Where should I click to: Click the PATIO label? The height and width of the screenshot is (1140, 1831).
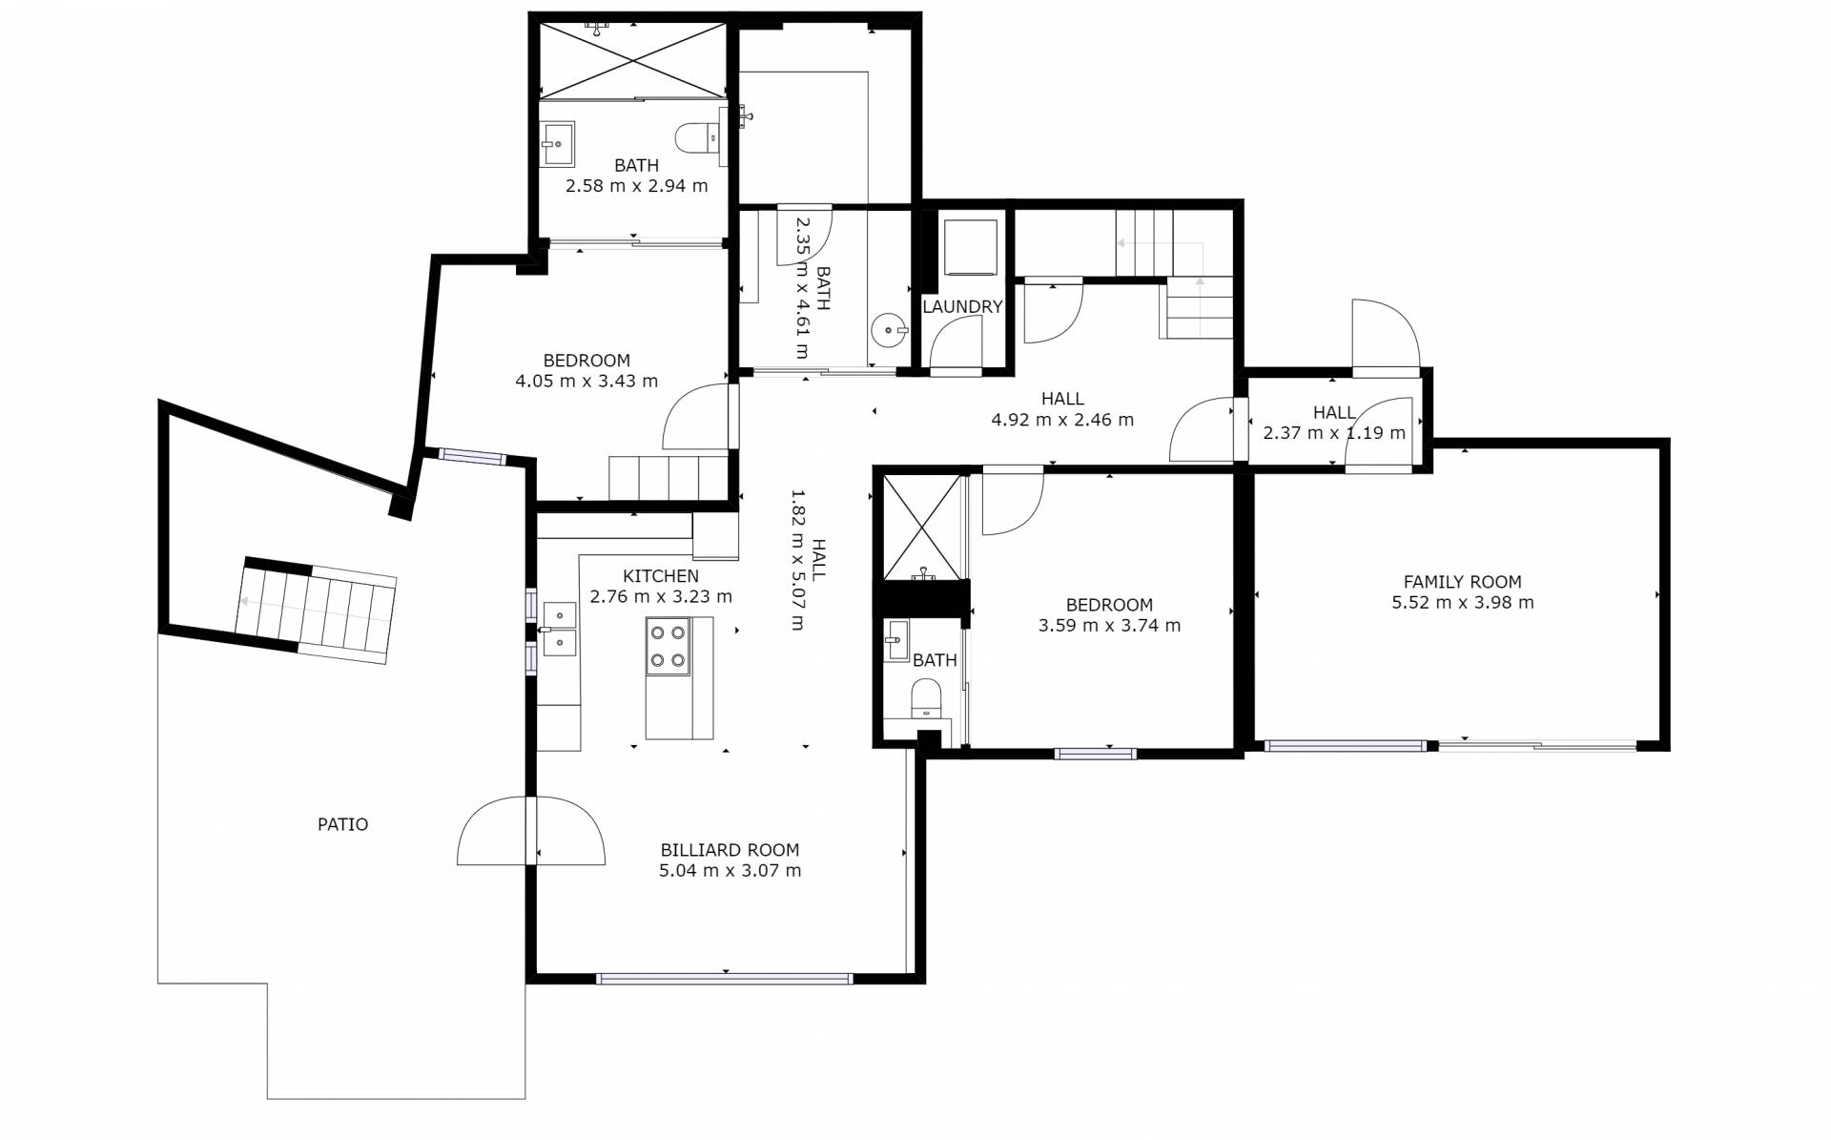coord(342,824)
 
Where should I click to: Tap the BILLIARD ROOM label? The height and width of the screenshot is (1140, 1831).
coord(730,850)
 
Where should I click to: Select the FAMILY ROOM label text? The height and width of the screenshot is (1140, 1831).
coord(1462,582)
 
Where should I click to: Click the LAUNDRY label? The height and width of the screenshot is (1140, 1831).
coord(962,307)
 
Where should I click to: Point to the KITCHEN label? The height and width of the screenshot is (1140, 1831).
coord(661,576)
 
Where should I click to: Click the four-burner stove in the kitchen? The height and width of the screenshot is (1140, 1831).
coord(668,647)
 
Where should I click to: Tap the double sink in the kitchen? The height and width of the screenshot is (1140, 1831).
coord(559,630)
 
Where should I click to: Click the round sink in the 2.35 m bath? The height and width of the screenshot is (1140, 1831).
coord(889,332)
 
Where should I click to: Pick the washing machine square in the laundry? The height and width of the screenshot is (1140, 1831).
coord(971,248)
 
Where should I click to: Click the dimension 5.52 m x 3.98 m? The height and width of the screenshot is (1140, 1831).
coord(1463,603)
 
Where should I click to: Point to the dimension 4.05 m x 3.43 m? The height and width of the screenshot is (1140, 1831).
coord(586,382)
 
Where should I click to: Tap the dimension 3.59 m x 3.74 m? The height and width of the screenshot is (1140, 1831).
coord(1109,626)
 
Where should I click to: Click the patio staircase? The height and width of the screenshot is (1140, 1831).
coord(317,611)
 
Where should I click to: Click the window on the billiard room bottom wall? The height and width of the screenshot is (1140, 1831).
coord(724,978)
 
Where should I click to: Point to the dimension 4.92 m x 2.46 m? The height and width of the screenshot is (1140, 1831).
coord(1062,420)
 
